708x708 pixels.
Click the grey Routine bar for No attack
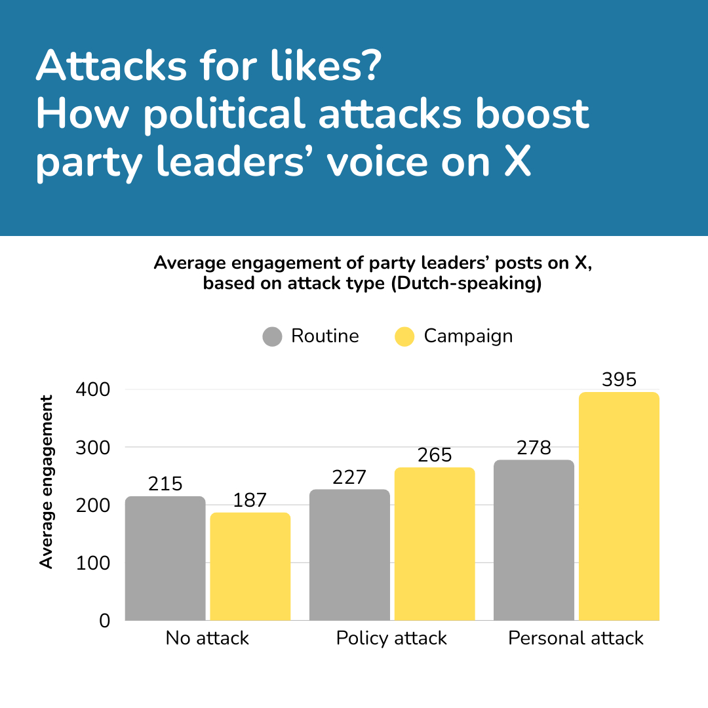coord(165,558)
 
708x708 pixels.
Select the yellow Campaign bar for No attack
coord(250,566)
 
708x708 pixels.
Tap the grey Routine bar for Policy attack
coord(349,555)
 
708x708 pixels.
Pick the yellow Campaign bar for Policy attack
coord(435,543)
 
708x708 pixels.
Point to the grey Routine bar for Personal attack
coord(534,540)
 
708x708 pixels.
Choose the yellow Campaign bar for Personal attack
coord(619,506)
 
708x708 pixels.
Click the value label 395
coord(619,380)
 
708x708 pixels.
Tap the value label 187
coord(250,501)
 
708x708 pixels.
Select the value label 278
coord(534,448)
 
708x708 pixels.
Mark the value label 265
coord(435,456)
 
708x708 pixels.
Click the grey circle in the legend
coord(272,337)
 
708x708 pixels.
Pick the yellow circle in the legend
coord(405,337)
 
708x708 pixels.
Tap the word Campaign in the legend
coord(468,336)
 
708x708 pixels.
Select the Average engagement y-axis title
coord(46,481)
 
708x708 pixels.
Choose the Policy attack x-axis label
coord(391,639)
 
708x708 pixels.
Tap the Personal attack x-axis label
coord(576,639)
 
